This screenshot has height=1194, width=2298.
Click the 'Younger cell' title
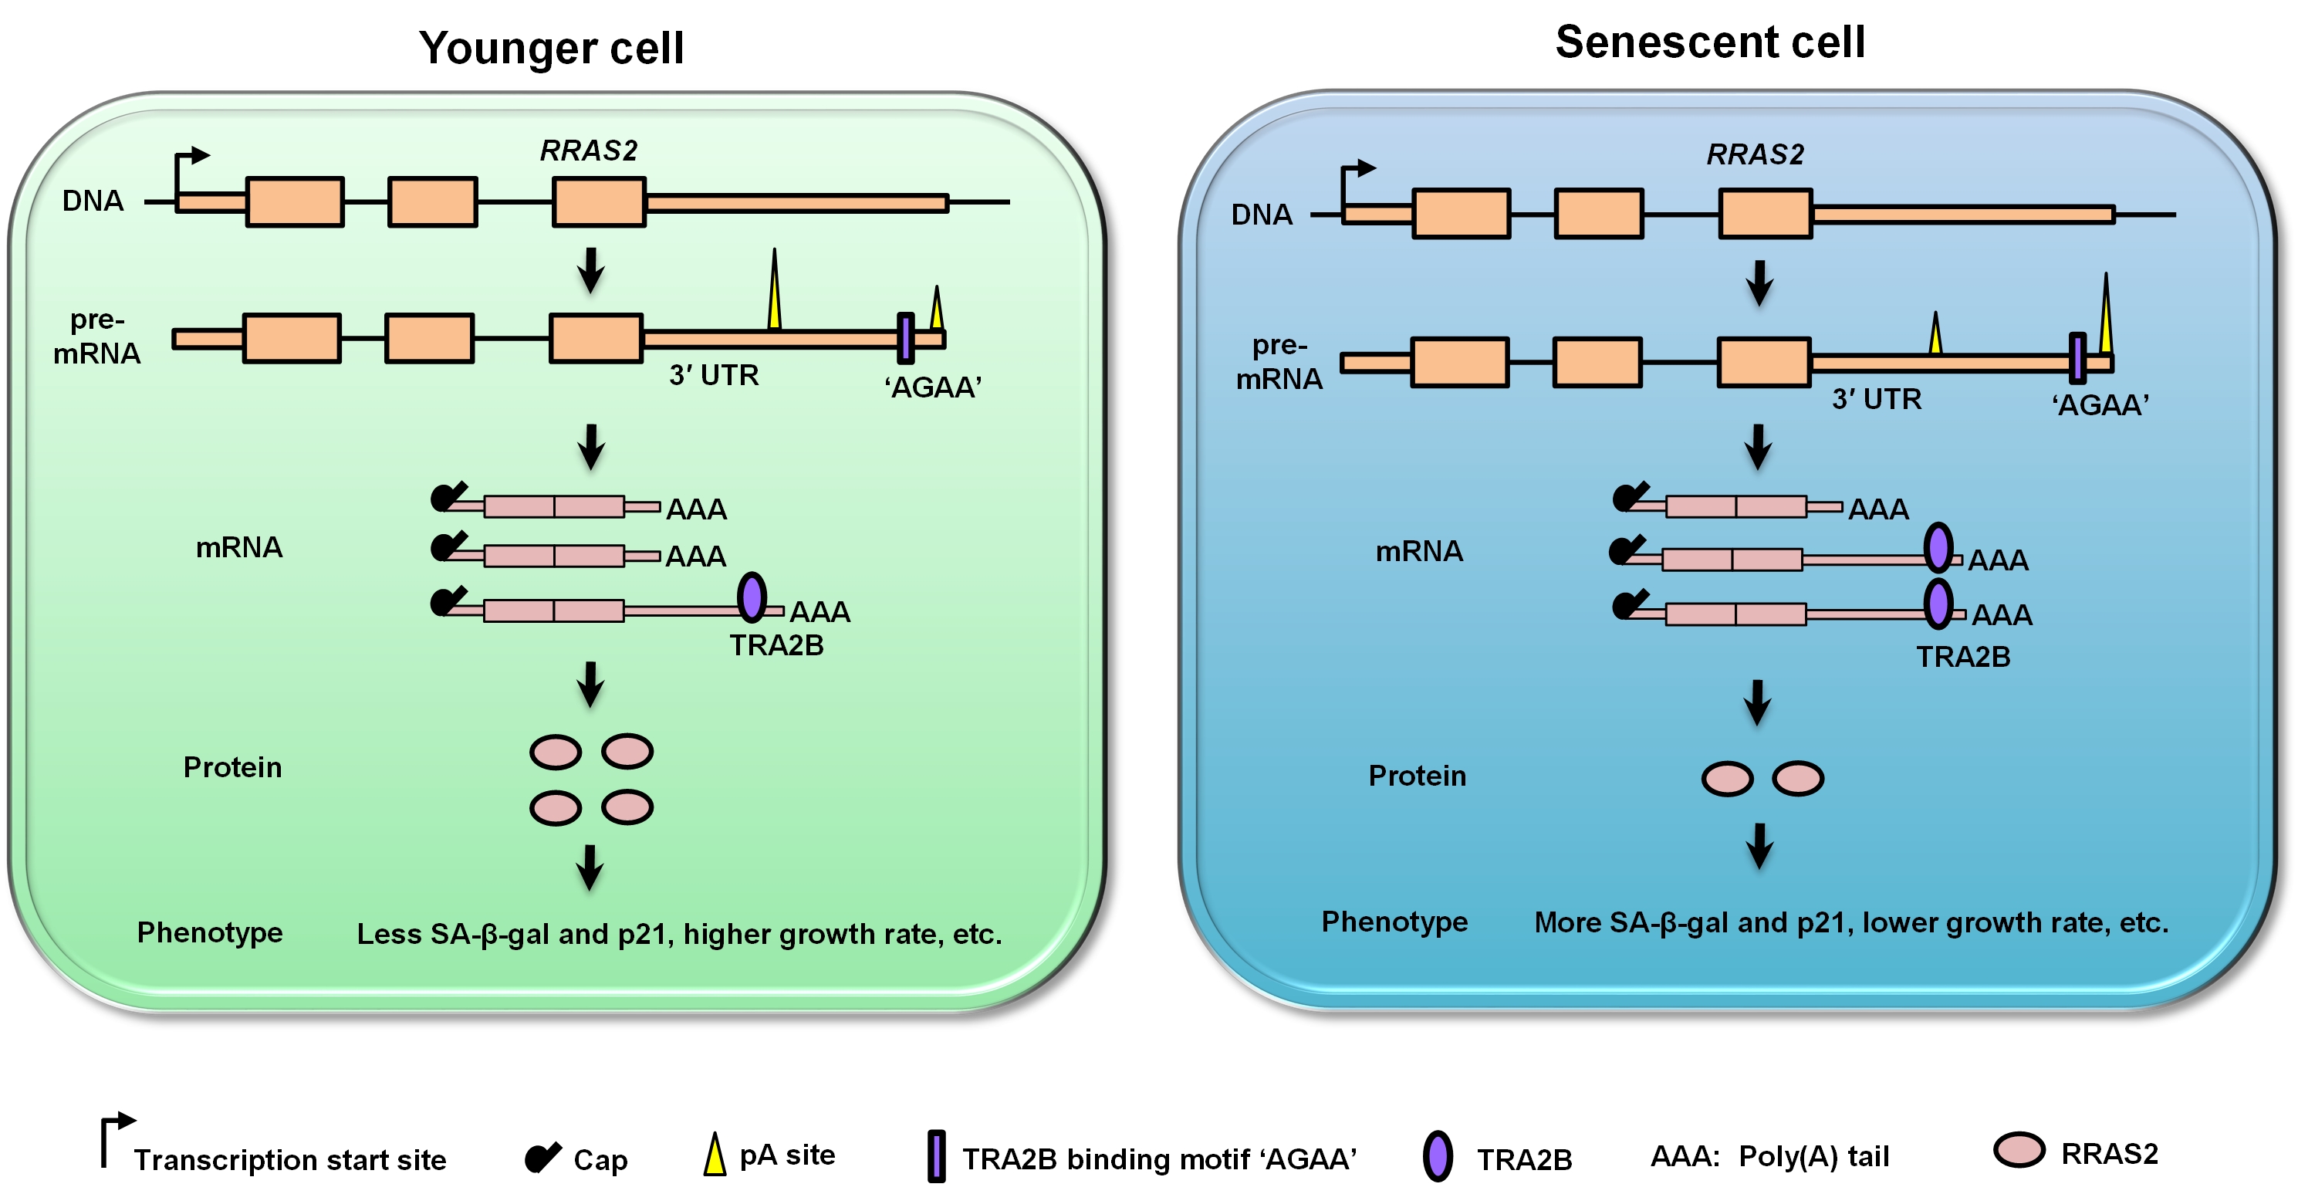point(551,47)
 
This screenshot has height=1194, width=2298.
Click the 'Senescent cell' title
point(1709,42)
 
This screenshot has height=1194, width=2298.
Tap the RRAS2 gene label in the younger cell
point(589,151)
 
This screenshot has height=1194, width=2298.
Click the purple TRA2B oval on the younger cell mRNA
point(752,597)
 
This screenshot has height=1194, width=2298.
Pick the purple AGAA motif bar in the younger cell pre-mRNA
point(905,338)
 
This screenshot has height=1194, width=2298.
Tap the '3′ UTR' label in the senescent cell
point(1876,399)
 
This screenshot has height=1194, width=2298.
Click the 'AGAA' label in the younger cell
point(932,387)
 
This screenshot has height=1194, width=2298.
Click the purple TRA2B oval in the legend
point(1437,1156)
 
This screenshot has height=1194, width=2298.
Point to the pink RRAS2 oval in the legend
point(2019,1149)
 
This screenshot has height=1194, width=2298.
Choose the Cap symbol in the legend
point(542,1158)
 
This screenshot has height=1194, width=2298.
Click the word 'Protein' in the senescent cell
point(1417,776)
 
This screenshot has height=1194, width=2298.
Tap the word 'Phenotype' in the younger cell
point(210,932)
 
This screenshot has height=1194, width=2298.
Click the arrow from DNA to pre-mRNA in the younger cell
point(590,269)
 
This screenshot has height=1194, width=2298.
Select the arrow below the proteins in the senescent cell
point(1759,845)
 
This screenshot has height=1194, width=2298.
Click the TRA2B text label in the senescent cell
point(1962,657)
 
